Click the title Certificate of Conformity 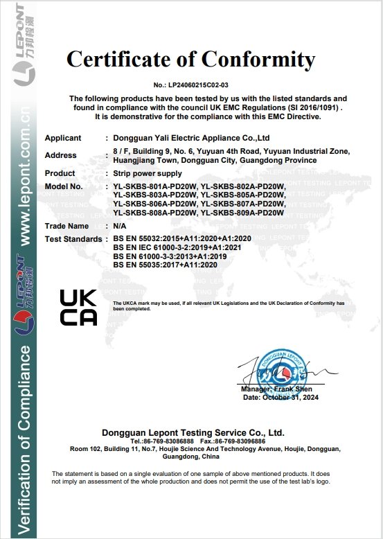(190, 60)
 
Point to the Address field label (60, 155)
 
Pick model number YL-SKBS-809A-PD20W (242, 213)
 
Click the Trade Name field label (66, 226)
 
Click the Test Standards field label (73, 239)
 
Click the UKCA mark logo (78, 307)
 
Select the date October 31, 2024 (289, 398)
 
